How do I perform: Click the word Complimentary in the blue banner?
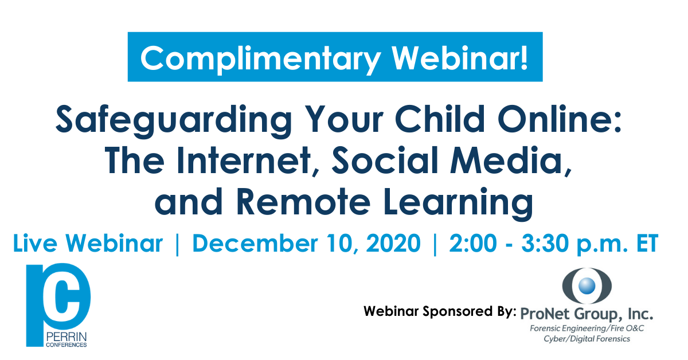pyautogui.click(x=260, y=59)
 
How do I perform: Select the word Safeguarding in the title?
pyautogui.click(x=174, y=121)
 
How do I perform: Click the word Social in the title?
pyautogui.click(x=385, y=160)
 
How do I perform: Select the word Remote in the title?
pyautogui.click(x=303, y=202)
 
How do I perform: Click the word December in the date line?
pyautogui.click(x=254, y=243)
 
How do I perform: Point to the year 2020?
pyautogui.click(x=393, y=243)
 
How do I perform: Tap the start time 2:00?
pyautogui.click(x=472, y=243)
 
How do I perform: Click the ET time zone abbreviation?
pyautogui.click(x=647, y=243)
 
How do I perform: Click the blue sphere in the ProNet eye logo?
pyautogui.click(x=587, y=285)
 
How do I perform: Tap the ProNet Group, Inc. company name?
pyautogui.click(x=587, y=314)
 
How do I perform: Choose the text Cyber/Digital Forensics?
pyautogui.click(x=587, y=339)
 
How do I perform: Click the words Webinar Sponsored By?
pyautogui.click(x=440, y=311)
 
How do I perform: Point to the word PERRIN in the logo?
pyautogui.click(x=67, y=337)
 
